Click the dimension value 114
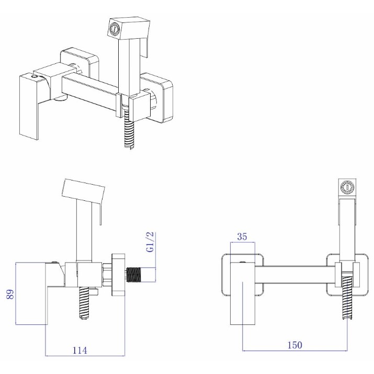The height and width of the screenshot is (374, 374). click(80, 350)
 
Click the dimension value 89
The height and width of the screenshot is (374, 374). click(10, 294)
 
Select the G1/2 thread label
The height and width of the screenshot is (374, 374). click(151, 242)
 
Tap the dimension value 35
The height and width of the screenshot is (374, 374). click(242, 236)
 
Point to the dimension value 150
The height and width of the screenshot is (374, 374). click(294, 345)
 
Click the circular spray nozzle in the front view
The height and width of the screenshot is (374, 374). click(347, 187)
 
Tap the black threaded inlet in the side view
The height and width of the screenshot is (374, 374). click(133, 275)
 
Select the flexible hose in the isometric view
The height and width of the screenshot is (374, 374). click(129, 130)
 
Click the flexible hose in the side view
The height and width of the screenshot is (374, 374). click(84, 303)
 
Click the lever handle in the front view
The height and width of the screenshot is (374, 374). click(243, 293)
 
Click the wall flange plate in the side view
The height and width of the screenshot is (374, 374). click(118, 275)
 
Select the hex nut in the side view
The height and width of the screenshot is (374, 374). click(107, 275)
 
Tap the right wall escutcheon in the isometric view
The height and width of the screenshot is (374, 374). click(157, 98)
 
